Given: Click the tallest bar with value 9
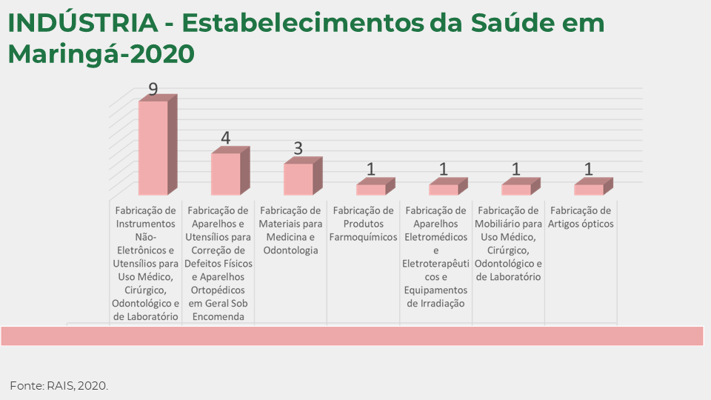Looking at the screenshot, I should pyautogui.click(x=153, y=147).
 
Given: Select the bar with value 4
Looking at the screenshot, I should pyautogui.click(x=226, y=174).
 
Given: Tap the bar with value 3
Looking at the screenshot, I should pyautogui.click(x=298, y=179).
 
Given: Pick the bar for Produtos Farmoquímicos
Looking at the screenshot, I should pyautogui.click(x=371, y=190).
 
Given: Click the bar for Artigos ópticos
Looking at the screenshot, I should pyautogui.click(x=589, y=190).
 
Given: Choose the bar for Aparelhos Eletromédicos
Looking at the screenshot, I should pyautogui.click(x=444, y=190).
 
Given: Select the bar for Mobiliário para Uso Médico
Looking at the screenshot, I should pyautogui.click(x=516, y=190).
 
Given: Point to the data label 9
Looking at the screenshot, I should pyautogui.click(x=153, y=90).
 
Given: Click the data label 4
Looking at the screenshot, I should pyautogui.click(x=226, y=139).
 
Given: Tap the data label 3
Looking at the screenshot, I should pyautogui.click(x=298, y=148).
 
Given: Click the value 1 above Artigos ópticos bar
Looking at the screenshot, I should pyautogui.click(x=589, y=170).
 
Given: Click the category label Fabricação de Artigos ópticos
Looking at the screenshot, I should pyautogui.click(x=581, y=217).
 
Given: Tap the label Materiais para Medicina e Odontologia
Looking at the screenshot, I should pyautogui.click(x=291, y=230).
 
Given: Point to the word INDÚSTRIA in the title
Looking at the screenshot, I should pyautogui.click(x=82, y=24).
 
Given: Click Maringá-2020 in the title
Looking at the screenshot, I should pyautogui.click(x=101, y=54).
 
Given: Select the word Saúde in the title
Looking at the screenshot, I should pyautogui.click(x=507, y=24).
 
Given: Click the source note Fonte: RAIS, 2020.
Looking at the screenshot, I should pyautogui.click(x=59, y=386).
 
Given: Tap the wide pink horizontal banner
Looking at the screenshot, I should pyautogui.click(x=352, y=336).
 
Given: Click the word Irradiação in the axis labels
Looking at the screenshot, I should pyautogui.click(x=436, y=303).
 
